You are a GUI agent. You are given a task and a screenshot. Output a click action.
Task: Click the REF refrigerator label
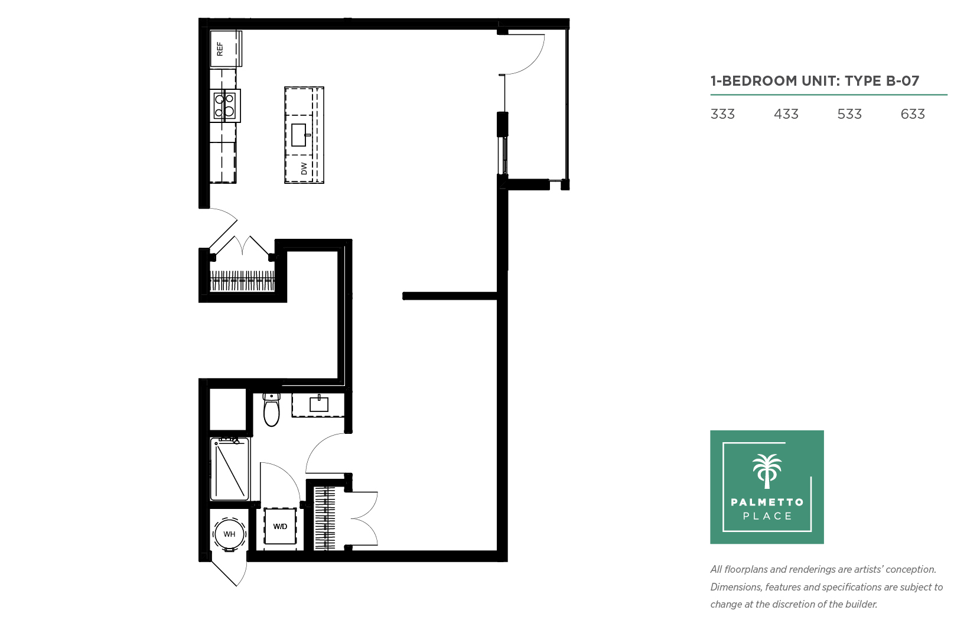pyautogui.click(x=220, y=49)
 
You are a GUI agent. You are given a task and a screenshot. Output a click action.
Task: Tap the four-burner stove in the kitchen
pyautogui.click(x=225, y=106)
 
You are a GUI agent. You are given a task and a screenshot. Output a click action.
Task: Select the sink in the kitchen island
pyautogui.click(x=299, y=135)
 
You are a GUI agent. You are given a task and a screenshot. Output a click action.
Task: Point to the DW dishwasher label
pyautogui.click(x=304, y=168)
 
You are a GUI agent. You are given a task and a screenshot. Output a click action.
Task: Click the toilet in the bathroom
pyautogui.click(x=272, y=410)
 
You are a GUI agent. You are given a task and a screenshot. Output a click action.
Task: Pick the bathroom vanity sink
pyautogui.click(x=319, y=404)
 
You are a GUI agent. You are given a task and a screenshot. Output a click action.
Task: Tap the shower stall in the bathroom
pyautogui.click(x=230, y=469)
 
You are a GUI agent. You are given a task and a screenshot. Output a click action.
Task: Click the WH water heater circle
pyautogui.click(x=229, y=534)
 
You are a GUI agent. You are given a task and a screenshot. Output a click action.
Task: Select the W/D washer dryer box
pyautogui.click(x=280, y=527)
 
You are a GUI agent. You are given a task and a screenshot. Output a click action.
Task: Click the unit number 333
pyautogui.click(x=722, y=114)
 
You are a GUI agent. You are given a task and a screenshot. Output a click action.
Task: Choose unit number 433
pyautogui.click(x=786, y=114)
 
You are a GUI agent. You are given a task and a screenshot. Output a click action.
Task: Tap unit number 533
pyautogui.click(x=849, y=114)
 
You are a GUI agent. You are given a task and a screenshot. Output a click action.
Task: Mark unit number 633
pyautogui.click(x=913, y=114)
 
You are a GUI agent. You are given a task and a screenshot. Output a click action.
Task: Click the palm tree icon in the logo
pyautogui.click(x=767, y=471)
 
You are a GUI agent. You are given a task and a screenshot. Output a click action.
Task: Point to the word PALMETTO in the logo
pyautogui.click(x=767, y=502)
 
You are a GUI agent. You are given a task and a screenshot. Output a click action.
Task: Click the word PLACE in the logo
pyautogui.click(x=767, y=516)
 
